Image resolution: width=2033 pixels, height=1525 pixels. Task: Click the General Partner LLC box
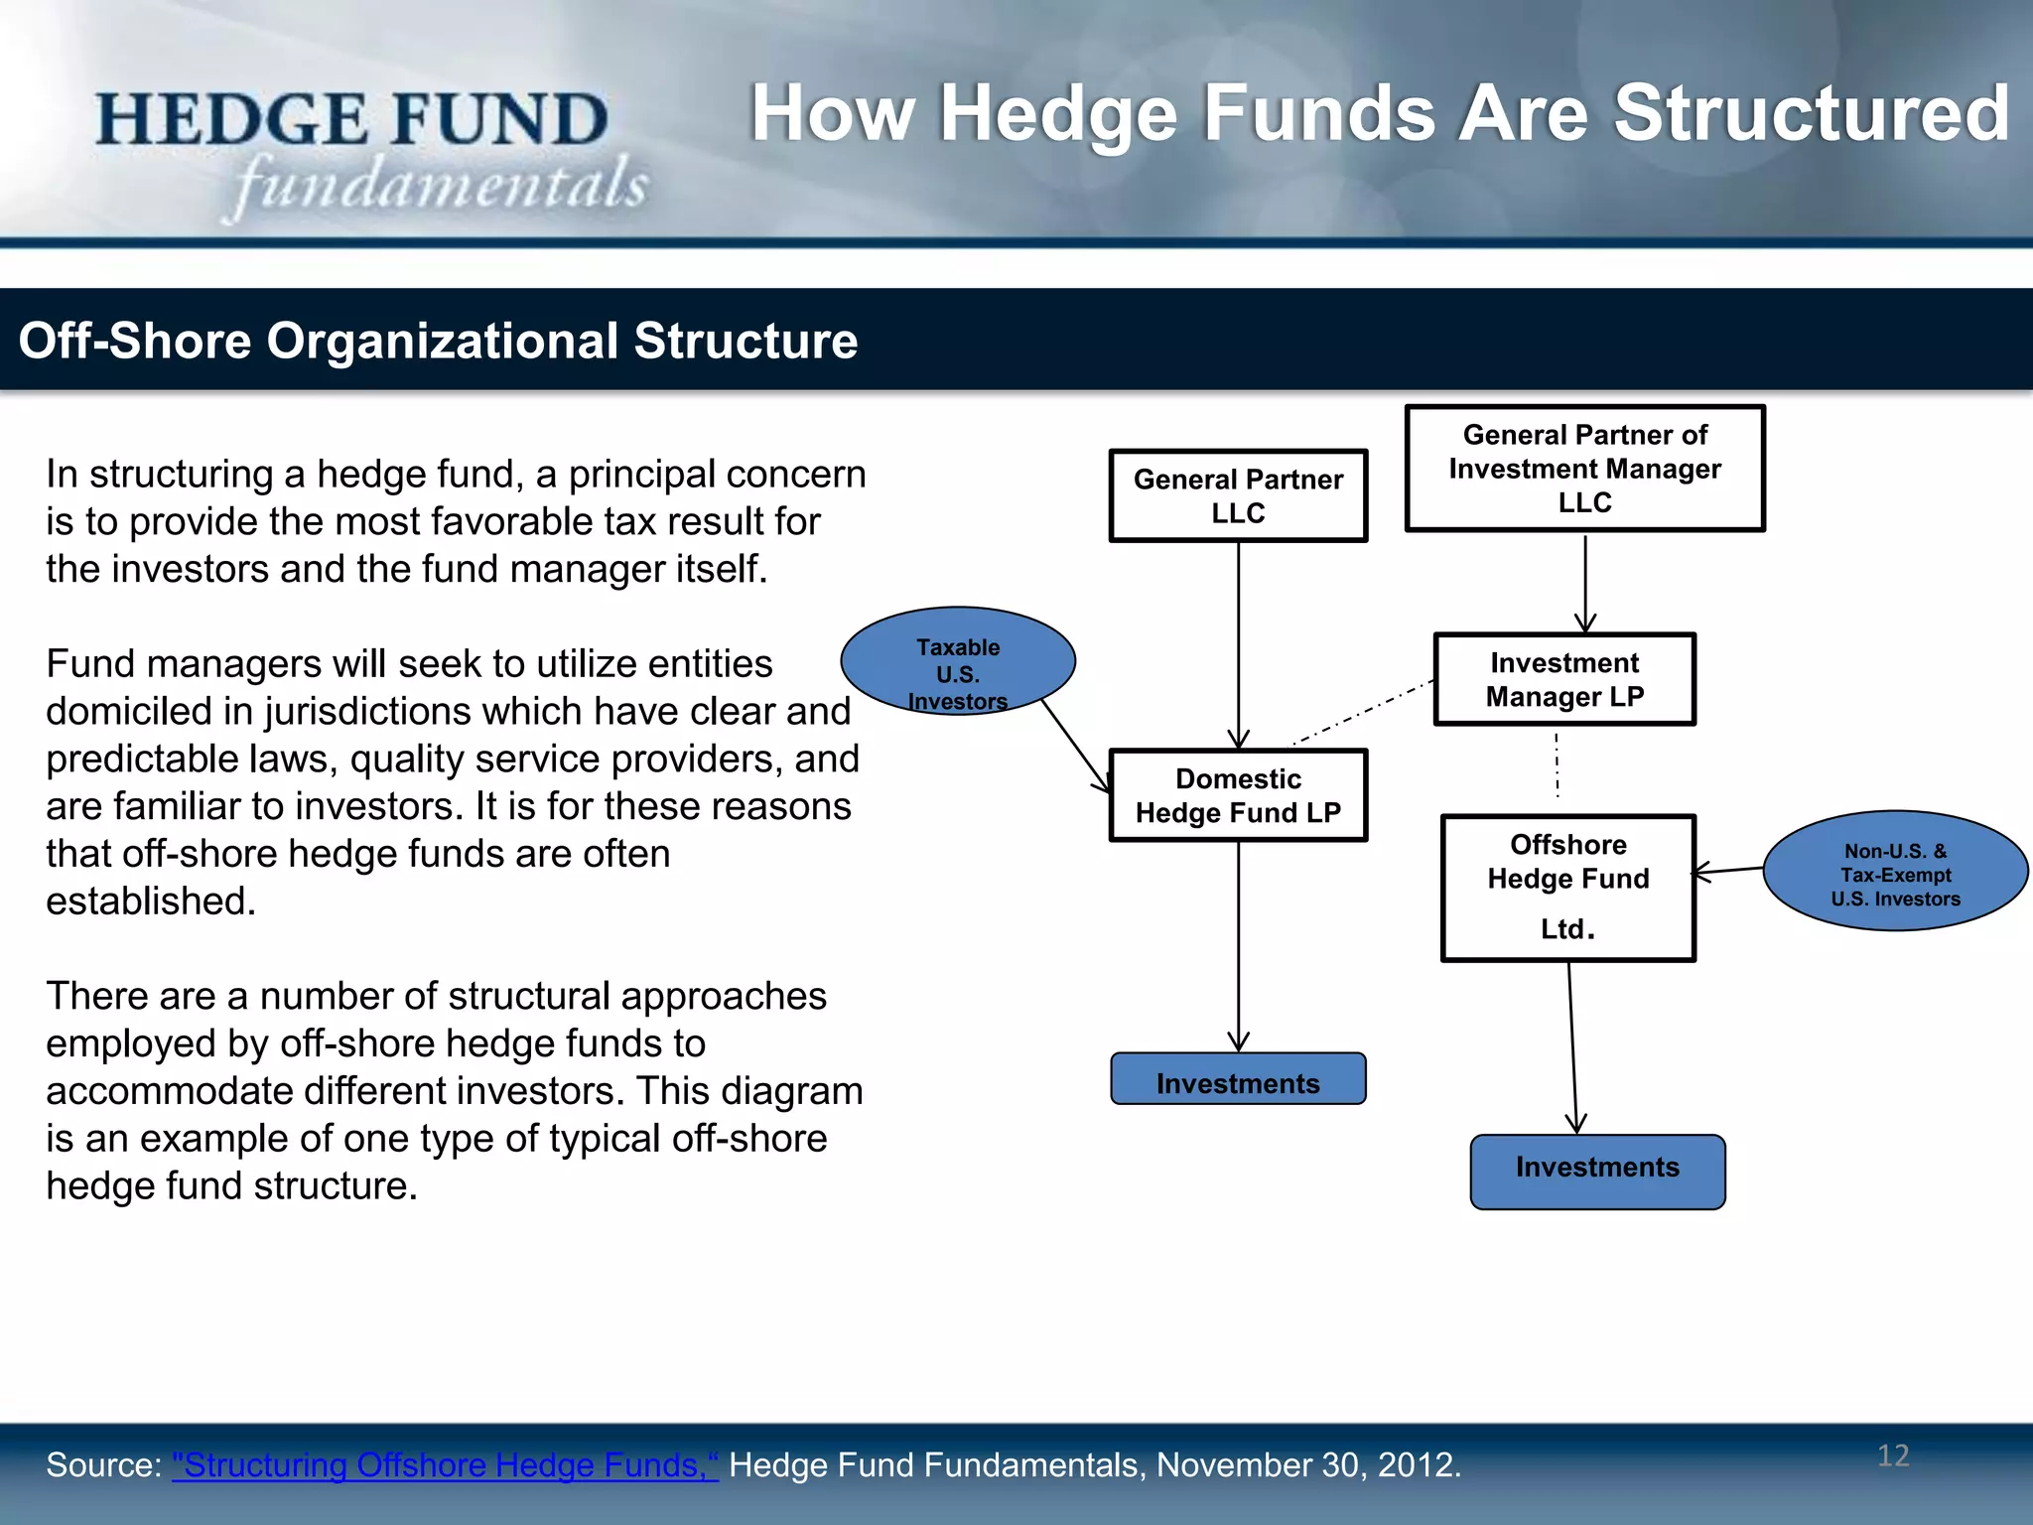[1238, 495]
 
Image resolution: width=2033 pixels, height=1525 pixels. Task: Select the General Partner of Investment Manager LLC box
[1584, 468]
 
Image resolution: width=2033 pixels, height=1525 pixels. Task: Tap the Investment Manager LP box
[1564, 679]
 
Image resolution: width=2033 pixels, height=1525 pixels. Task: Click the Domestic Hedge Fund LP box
[1238, 795]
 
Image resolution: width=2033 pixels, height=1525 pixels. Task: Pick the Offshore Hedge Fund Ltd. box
[1567, 888]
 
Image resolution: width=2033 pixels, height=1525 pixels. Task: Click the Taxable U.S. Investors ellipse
[957, 661]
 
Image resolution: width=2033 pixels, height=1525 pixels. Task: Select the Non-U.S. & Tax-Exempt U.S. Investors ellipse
[1895, 872]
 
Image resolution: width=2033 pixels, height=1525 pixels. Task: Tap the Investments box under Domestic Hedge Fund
[1238, 1080]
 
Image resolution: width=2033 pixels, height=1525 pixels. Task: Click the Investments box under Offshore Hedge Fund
[1597, 1171]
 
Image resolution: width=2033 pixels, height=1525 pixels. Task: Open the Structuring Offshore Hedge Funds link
[445, 1464]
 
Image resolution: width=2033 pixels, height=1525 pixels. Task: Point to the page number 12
[1893, 1456]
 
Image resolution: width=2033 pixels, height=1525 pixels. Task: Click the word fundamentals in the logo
[441, 185]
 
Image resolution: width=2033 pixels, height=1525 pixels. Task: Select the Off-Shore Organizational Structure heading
[438, 341]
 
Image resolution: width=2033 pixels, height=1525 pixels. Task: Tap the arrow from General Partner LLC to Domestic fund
[1238, 645]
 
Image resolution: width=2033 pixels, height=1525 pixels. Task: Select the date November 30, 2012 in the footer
[1307, 1464]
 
